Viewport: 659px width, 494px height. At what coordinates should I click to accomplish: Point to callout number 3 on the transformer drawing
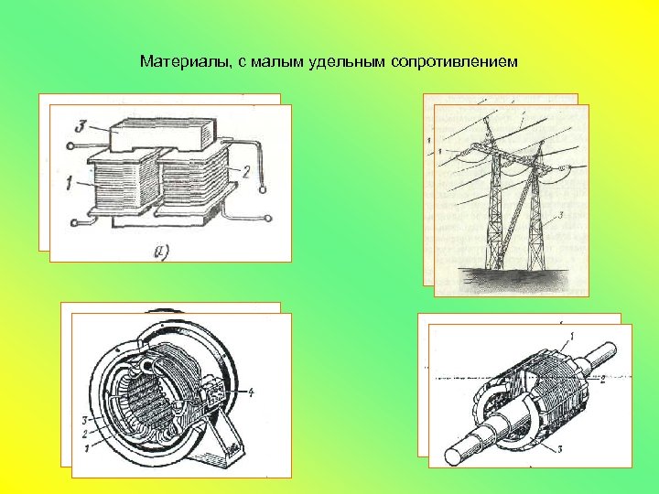81,126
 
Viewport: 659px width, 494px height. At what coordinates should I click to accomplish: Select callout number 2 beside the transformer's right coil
245,171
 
